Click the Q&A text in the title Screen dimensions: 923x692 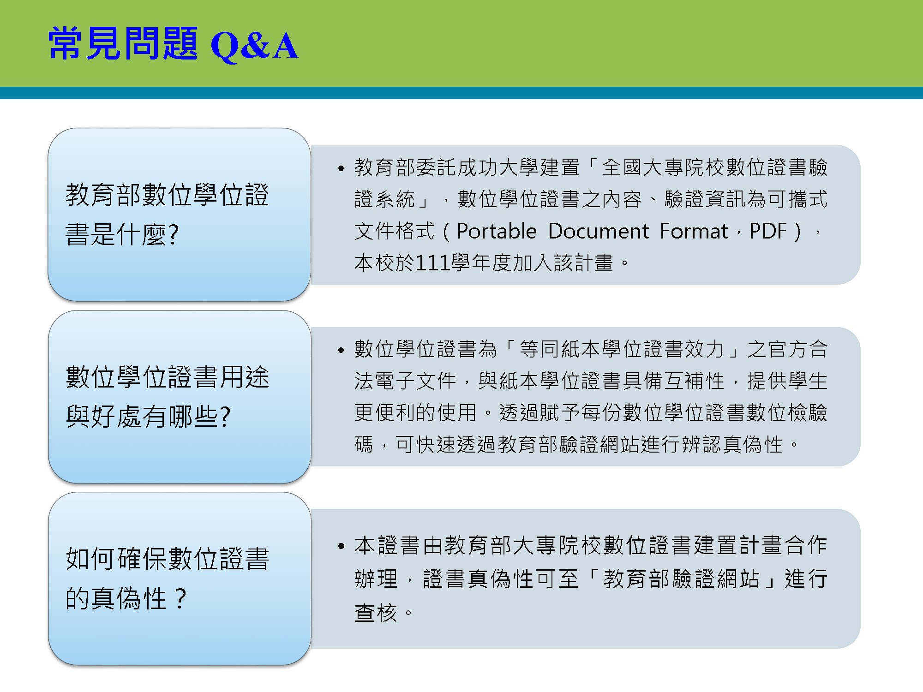point(254,45)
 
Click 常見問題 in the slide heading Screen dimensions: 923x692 point(123,43)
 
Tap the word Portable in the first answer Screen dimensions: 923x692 point(497,231)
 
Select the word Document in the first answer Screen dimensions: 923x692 point(599,231)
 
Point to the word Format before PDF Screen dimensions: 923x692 point(694,231)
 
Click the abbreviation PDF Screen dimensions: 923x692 point(768,231)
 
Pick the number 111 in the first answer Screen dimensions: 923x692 point(433,263)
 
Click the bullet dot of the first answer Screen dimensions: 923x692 point(341,168)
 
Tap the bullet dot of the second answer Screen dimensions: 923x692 point(341,350)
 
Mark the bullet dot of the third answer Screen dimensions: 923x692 point(341,546)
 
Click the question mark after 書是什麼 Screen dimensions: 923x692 point(174,234)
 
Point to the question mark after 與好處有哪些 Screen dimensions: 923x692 point(225,417)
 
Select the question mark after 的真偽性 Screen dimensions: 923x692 point(180,598)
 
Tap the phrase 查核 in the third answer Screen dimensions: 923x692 point(376,613)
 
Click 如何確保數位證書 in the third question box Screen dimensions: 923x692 point(168,559)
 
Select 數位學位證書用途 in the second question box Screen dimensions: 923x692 point(168,377)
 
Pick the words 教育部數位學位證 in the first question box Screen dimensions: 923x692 point(168,195)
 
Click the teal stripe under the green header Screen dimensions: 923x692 point(461,93)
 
